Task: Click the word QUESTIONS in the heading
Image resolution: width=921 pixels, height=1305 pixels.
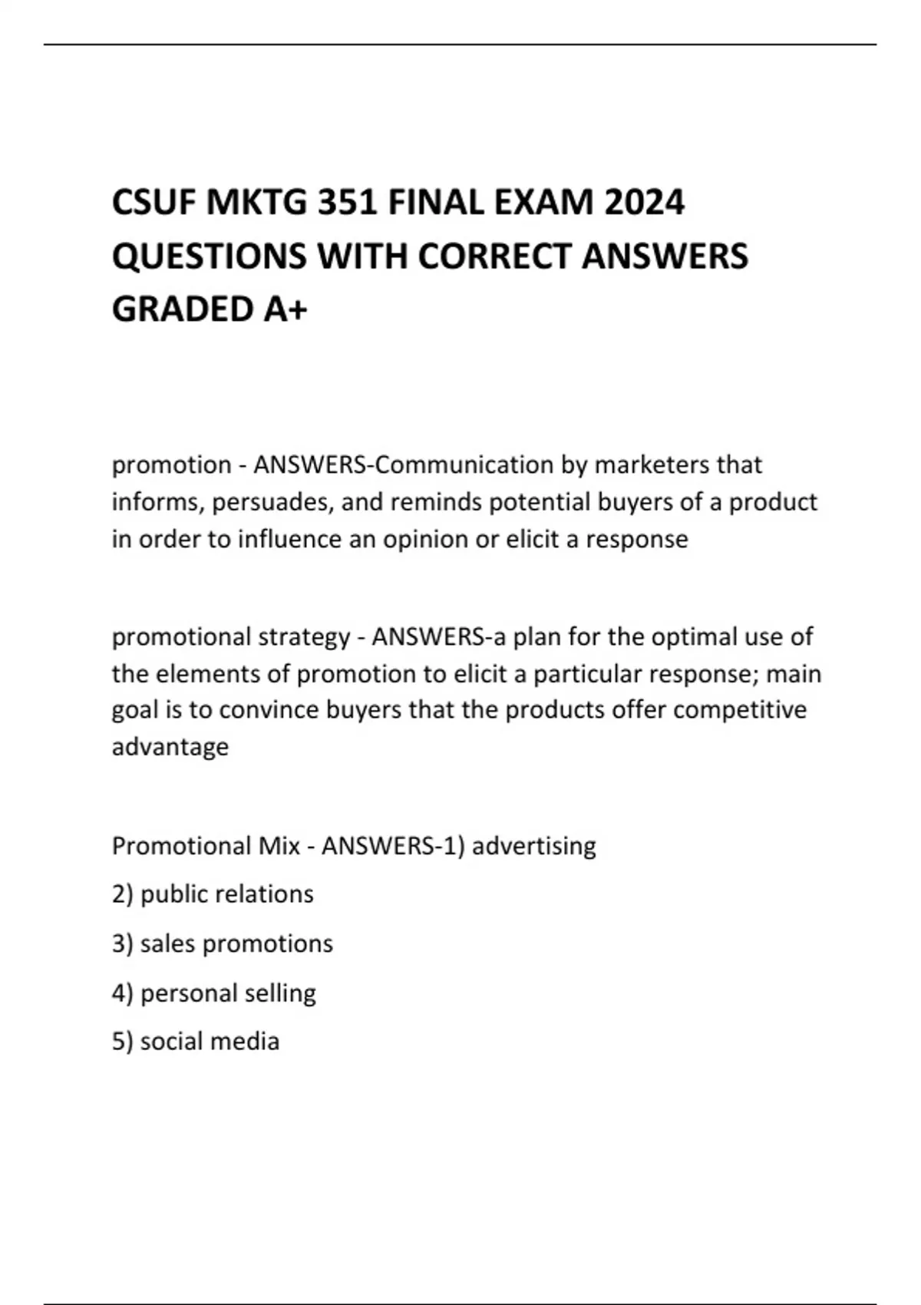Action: [209, 256]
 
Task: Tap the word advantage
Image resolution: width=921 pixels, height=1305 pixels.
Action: [170, 747]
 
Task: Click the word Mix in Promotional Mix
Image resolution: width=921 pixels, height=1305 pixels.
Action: [279, 846]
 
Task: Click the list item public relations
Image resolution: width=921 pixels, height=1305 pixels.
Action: [226, 894]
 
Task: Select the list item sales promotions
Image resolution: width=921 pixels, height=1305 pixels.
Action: [236, 943]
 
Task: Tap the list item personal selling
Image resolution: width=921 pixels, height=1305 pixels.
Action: [228, 993]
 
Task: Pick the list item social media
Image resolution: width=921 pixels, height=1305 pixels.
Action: [210, 1042]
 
